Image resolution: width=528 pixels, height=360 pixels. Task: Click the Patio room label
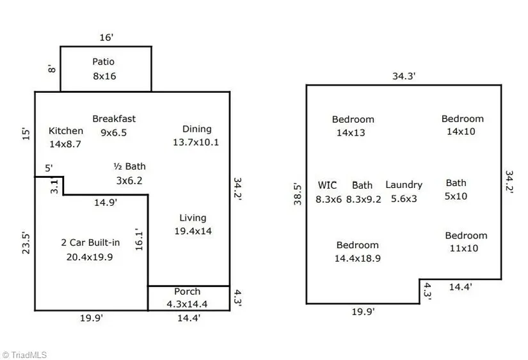coord(104,62)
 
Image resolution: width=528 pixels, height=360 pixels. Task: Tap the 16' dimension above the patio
coord(106,38)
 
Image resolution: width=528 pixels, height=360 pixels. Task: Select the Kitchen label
coord(66,131)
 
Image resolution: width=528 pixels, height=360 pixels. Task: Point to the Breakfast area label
coord(114,119)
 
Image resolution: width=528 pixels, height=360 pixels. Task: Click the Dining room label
coord(196,129)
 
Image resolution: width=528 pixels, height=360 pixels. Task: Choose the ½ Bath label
coord(129,167)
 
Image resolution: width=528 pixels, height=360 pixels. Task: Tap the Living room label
coord(193,218)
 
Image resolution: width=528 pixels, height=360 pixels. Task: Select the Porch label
coord(187,292)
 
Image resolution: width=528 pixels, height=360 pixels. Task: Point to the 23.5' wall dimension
coord(26,243)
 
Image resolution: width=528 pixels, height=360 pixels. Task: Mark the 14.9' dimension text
coord(105,202)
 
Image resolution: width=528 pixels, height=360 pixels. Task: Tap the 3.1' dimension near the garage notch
coord(54,187)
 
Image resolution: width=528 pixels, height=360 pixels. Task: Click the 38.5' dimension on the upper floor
coord(297,194)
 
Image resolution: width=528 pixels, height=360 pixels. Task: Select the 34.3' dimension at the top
coord(404,76)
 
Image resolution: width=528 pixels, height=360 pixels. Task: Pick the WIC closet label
coord(327,185)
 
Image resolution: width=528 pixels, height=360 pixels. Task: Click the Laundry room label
coord(404,185)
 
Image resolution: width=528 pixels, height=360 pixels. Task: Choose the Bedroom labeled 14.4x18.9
coord(357,246)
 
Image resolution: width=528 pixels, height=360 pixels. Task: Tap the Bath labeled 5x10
coord(456,184)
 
